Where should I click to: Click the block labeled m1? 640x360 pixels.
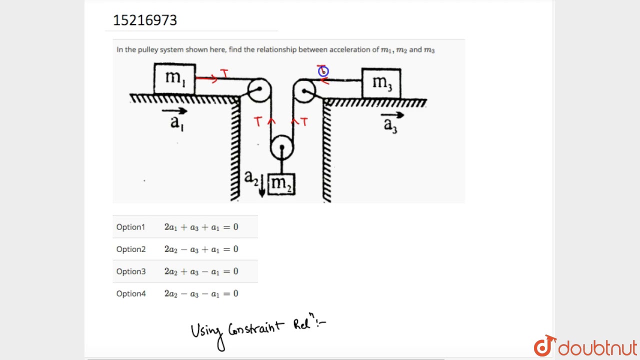174,78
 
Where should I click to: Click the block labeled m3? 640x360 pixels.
381,83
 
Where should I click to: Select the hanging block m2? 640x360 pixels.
281,184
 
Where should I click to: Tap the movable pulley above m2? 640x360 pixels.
282,147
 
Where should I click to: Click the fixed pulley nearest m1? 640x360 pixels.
259,90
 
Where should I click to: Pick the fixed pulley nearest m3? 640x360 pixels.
304,91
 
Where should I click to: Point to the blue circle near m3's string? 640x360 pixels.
323,71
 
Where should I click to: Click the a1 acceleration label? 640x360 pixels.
177,121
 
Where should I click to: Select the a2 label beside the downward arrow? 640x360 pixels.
251,177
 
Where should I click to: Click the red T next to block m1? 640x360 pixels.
224,74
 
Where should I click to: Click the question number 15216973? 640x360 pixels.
145,20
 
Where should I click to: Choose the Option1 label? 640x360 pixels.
130,227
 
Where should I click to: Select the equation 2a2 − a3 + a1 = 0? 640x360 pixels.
201,249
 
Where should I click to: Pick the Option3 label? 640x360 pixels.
131,271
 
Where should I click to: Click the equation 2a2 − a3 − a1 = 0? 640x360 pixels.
201,293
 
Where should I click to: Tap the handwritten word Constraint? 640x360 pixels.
256,329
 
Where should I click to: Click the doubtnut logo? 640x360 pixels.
585,347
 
